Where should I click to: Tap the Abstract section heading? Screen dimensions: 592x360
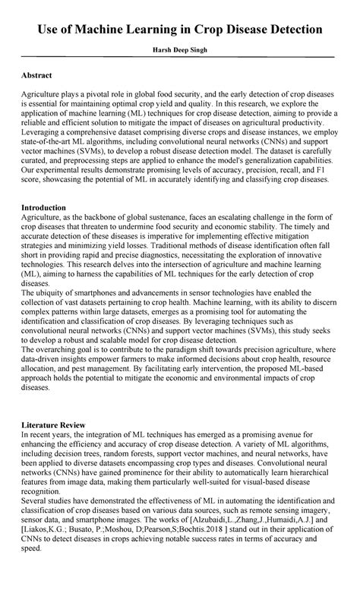[x=36, y=76]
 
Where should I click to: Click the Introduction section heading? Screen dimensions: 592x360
[x=43, y=207]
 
